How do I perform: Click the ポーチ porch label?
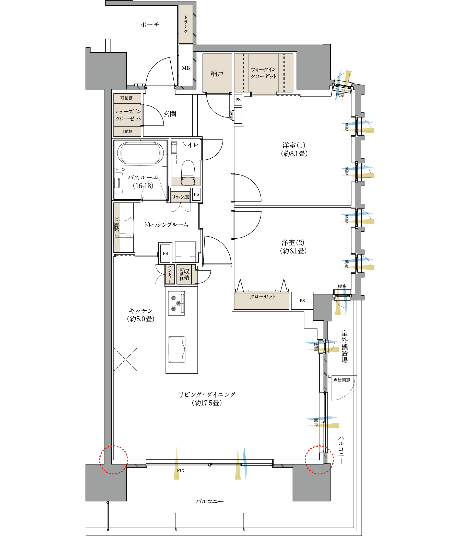click(150, 25)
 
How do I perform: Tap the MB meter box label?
click(186, 68)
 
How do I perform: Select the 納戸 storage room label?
click(217, 74)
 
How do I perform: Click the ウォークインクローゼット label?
click(264, 73)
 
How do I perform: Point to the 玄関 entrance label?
click(169, 114)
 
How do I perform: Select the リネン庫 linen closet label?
click(180, 197)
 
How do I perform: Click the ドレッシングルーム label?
click(166, 225)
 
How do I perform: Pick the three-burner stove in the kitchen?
click(176, 303)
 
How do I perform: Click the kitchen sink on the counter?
click(176, 349)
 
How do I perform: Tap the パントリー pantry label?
click(170, 274)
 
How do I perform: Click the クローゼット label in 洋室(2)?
click(263, 297)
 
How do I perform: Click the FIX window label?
click(181, 471)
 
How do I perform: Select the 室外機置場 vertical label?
click(344, 347)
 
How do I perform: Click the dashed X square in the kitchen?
click(126, 359)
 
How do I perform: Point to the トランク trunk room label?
click(186, 24)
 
